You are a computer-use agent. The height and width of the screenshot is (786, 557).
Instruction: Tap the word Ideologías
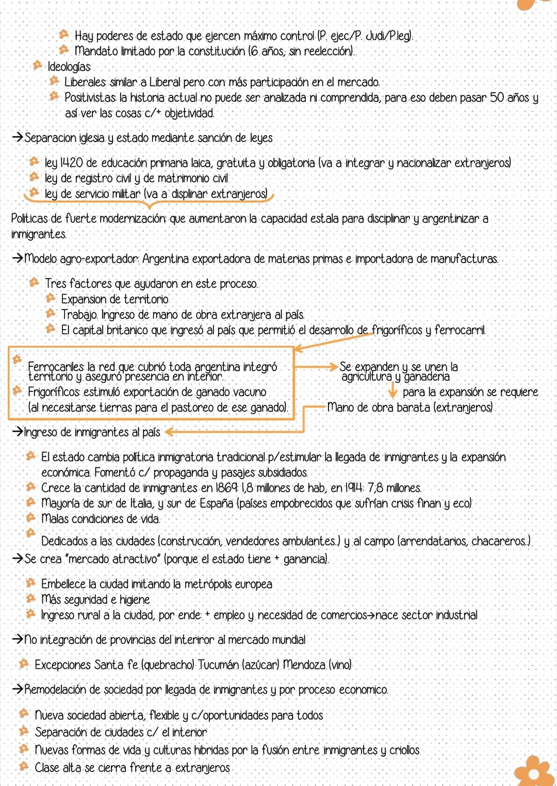(69, 67)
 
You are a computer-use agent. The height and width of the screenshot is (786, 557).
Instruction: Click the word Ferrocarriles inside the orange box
(56, 367)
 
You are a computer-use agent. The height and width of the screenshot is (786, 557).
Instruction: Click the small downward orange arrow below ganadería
(392, 392)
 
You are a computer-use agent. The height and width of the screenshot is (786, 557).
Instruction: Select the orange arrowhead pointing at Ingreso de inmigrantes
(168, 432)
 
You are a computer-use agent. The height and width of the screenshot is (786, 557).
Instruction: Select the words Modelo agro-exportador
(81, 258)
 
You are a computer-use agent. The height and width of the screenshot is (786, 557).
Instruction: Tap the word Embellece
(63, 584)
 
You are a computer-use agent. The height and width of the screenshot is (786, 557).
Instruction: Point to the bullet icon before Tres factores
(34, 283)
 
